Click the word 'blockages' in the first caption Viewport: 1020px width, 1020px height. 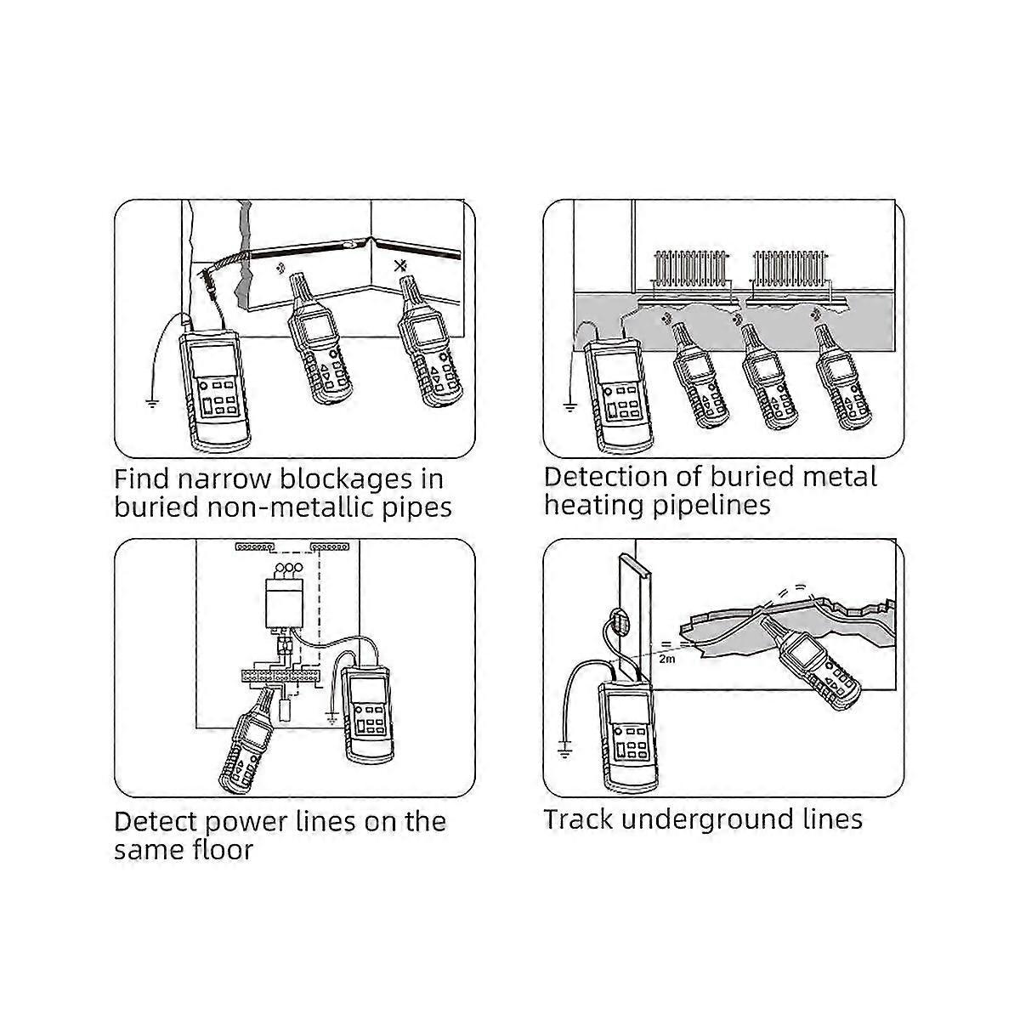tap(346, 479)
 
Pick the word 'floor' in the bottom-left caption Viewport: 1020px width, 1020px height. tap(223, 850)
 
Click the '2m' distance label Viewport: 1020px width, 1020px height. tap(667, 660)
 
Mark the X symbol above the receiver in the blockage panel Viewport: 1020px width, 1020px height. tap(400, 266)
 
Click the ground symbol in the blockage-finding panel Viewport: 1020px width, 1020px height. tap(152, 404)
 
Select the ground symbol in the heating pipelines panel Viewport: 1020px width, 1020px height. tap(569, 408)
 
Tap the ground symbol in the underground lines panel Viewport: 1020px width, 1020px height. tap(564, 750)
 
